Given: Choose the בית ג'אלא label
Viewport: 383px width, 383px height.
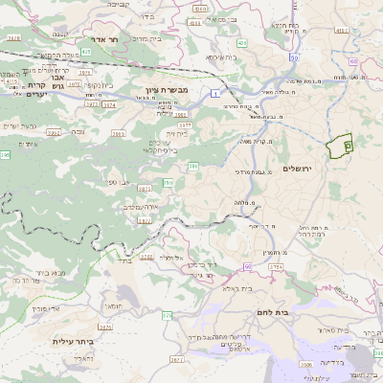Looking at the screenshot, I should [237, 287].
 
